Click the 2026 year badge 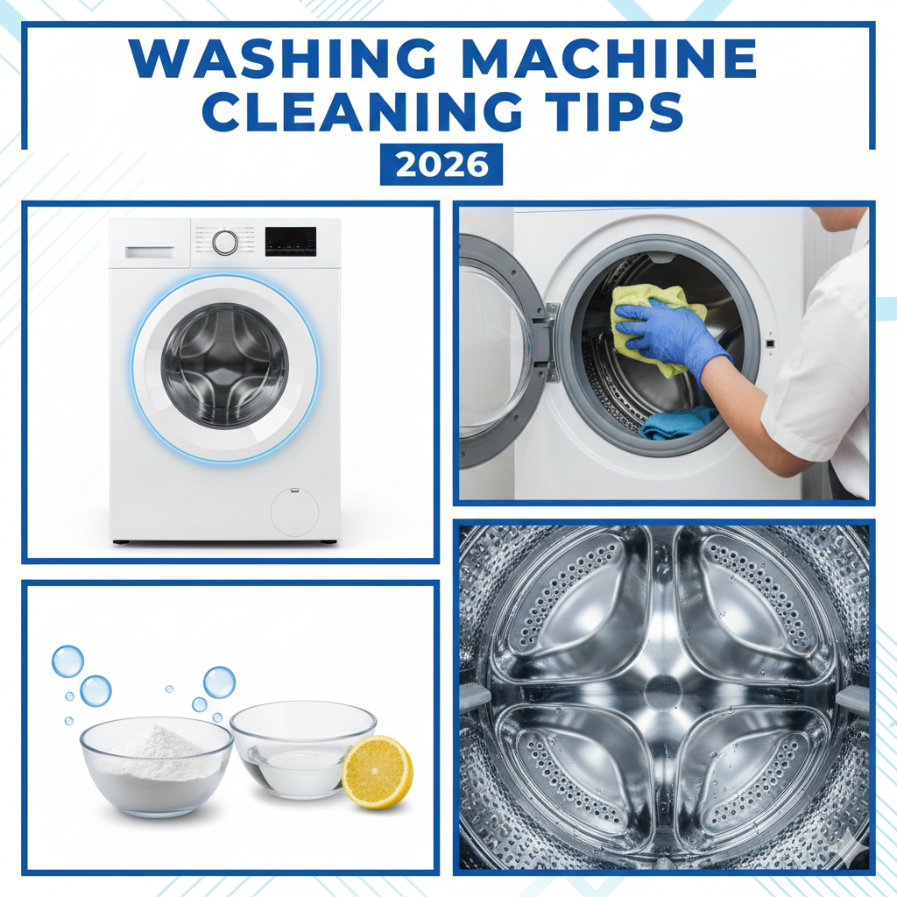(x=441, y=165)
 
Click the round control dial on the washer (x=225, y=242)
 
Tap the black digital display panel (x=291, y=241)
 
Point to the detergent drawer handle (x=148, y=251)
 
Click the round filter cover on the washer (x=293, y=512)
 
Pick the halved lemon (x=377, y=772)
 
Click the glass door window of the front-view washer (x=225, y=365)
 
